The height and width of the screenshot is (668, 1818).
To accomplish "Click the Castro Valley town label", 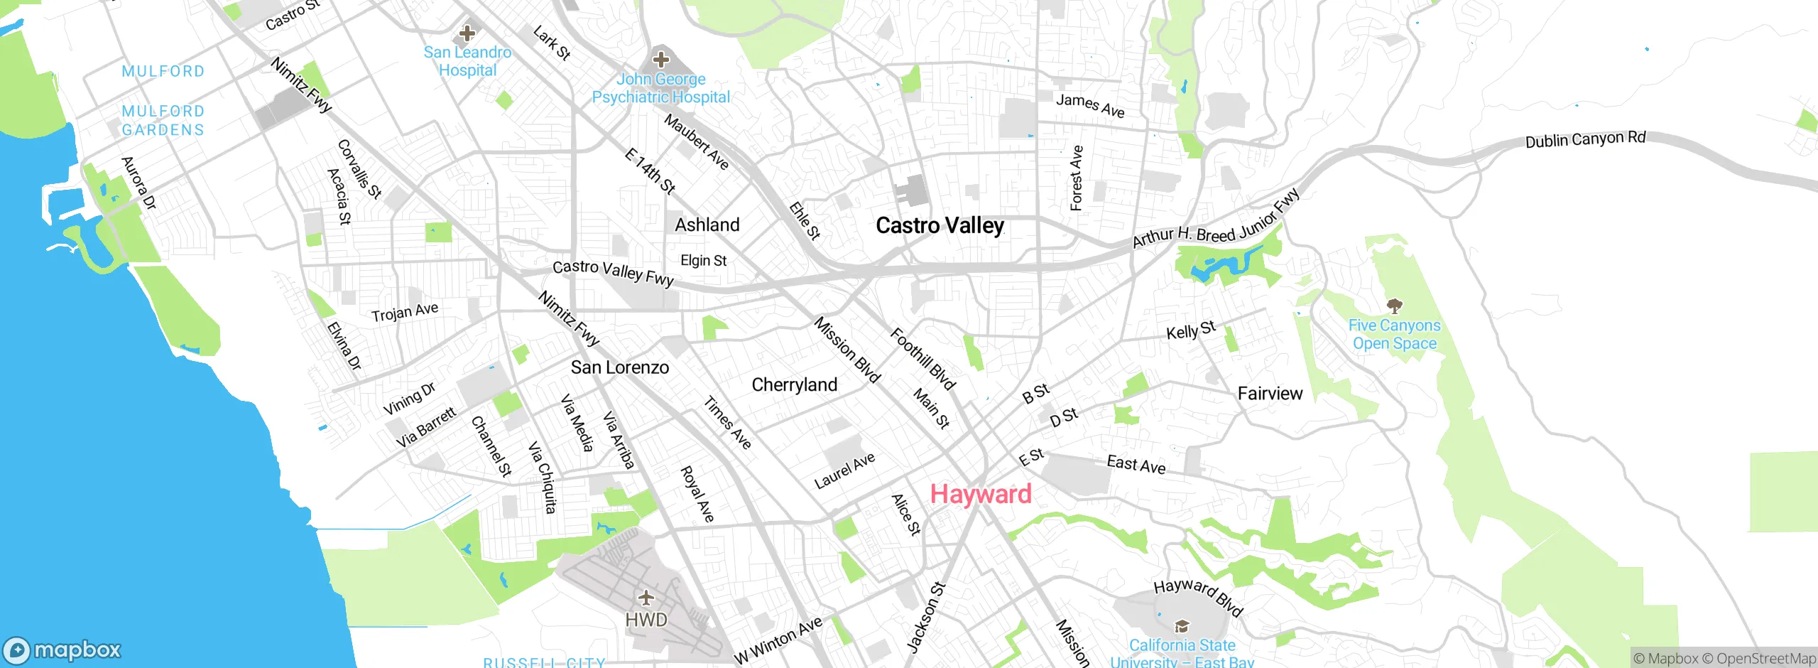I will click(940, 226).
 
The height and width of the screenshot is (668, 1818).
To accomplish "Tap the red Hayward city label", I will click(981, 494).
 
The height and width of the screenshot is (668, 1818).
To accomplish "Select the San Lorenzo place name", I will click(619, 367).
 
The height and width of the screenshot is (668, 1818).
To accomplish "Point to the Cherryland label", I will click(794, 385).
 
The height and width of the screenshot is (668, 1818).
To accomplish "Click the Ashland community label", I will click(707, 225).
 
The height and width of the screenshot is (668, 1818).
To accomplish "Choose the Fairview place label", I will click(1270, 394).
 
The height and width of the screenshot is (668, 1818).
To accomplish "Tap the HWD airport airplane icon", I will click(646, 598).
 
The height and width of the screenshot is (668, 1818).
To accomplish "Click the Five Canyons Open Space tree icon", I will click(1394, 306).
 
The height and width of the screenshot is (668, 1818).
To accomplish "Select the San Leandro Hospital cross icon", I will click(467, 33).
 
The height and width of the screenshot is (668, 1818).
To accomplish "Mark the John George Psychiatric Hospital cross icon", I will click(660, 59).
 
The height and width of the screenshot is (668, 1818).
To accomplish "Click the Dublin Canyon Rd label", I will click(1585, 139).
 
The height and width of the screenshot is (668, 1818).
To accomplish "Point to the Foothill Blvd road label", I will click(922, 359).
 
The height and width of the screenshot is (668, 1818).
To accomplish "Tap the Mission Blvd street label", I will click(847, 350).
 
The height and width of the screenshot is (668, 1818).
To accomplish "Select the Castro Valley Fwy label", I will click(613, 272).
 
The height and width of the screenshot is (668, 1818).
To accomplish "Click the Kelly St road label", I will click(1191, 330).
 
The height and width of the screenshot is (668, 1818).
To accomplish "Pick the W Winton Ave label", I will click(778, 640).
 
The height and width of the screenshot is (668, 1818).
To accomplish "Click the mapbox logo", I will click(62, 650).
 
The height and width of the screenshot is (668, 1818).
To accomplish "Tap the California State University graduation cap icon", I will click(1182, 626).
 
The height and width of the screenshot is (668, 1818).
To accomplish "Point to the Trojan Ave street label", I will click(404, 312).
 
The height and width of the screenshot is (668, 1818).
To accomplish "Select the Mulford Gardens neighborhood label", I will click(163, 121).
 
